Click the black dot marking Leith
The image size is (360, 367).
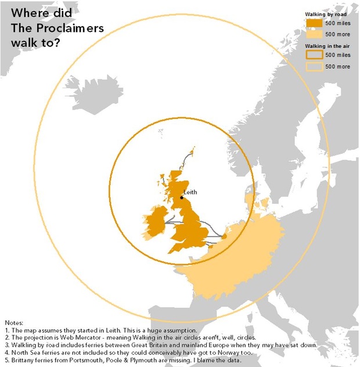pyautogui.click(x=181, y=197)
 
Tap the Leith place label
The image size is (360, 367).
pyautogui.click(x=190, y=192)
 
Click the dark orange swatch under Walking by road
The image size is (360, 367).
pyautogui.click(x=314, y=23)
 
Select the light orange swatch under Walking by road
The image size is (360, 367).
pyautogui.click(x=314, y=34)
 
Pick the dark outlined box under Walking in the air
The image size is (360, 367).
pyautogui.click(x=314, y=55)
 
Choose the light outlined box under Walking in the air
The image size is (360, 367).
pyautogui.click(x=314, y=66)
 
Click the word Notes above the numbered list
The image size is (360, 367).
pyautogui.click(x=16, y=322)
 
